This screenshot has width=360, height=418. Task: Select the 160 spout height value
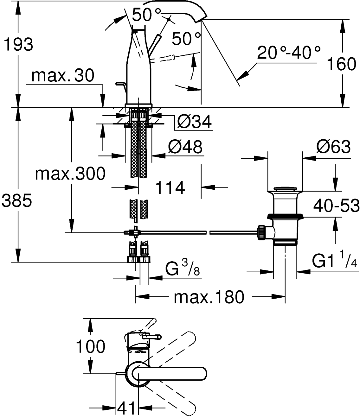tap(341, 64)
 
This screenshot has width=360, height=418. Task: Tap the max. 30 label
tap(63, 76)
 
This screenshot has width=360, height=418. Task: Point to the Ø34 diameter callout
tap(194, 122)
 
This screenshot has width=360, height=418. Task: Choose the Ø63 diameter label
tap(333, 147)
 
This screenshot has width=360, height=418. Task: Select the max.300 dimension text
tap(70, 174)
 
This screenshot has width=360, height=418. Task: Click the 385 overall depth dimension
tap(16, 200)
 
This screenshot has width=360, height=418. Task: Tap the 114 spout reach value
tap(170, 188)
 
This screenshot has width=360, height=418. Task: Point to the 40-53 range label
tap(336, 206)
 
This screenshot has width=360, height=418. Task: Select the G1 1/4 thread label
tap(334, 262)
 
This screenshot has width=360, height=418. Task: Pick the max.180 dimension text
tap(209, 297)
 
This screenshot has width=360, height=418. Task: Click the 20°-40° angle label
tap(288, 53)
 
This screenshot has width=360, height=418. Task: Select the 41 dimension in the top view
tap(126, 408)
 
